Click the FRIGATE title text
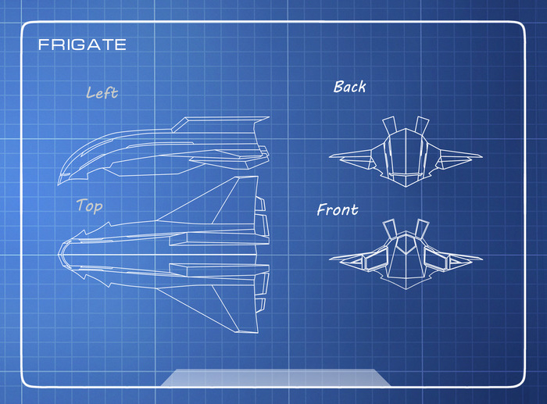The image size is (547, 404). click(82, 45)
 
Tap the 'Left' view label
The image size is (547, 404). click(102, 93)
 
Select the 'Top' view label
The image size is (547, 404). click(89, 206)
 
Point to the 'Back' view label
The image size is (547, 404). click(349, 87)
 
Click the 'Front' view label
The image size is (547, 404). click(338, 209)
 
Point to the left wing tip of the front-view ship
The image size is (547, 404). click(331, 258)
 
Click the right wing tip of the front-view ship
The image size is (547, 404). click(480, 258)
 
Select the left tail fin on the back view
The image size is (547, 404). click(388, 125)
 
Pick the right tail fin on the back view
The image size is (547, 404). click(422, 125)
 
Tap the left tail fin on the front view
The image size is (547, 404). click(388, 228)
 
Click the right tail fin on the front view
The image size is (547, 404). click(422, 228)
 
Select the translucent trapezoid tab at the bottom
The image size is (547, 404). click(275, 377)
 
